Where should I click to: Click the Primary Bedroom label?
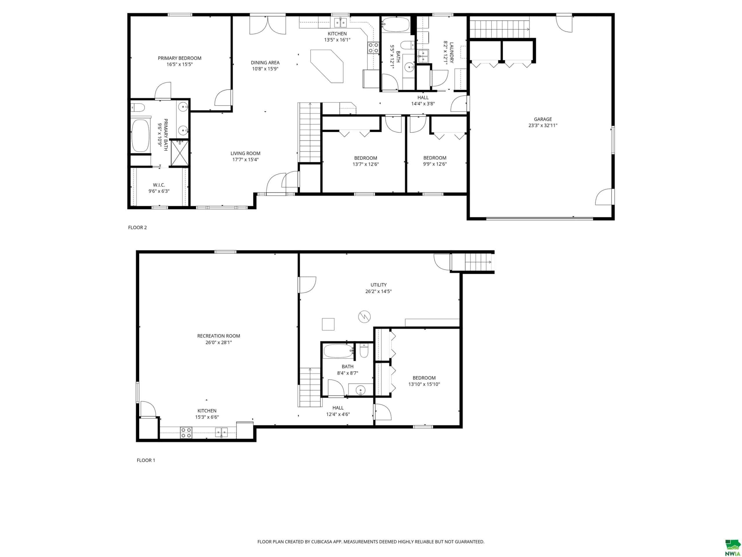(x=179, y=58)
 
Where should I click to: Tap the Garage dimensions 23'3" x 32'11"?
(x=543, y=126)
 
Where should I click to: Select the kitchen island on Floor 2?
(x=327, y=66)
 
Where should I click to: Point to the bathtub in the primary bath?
(x=141, y=136)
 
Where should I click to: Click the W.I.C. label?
(x=159, y=185)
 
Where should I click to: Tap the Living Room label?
(x=245, y=153)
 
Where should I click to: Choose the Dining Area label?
(x=265, y=62)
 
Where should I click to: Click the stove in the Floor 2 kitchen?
(x=374, y=48)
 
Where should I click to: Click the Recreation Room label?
(x=219, y=336)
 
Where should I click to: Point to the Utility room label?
(x=378, y=285)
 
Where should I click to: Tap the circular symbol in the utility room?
(x=364, y=316)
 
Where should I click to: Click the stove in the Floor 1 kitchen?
(x=186, y=433)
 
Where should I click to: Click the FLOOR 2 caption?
(x=138, y=227)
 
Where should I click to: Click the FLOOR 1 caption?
(x=146, y=460)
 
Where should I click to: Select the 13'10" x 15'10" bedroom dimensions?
(x=424, y=384)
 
